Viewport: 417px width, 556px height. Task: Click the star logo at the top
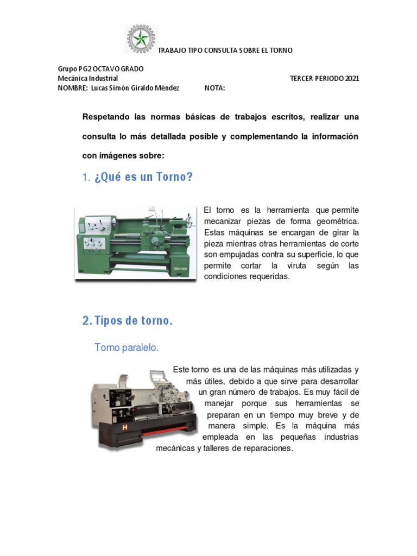coord(141,39)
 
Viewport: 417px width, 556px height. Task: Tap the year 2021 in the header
coord(351,78)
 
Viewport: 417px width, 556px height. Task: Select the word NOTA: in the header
coord(214,88)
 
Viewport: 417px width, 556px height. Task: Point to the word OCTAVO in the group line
coord(110,69)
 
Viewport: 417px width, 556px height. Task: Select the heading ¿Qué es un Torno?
coord(144,177)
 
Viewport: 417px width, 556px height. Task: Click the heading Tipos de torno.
coord(134,320)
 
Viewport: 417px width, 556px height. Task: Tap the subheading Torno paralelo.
coord(127,347)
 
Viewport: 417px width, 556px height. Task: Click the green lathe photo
coord(135,242)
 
